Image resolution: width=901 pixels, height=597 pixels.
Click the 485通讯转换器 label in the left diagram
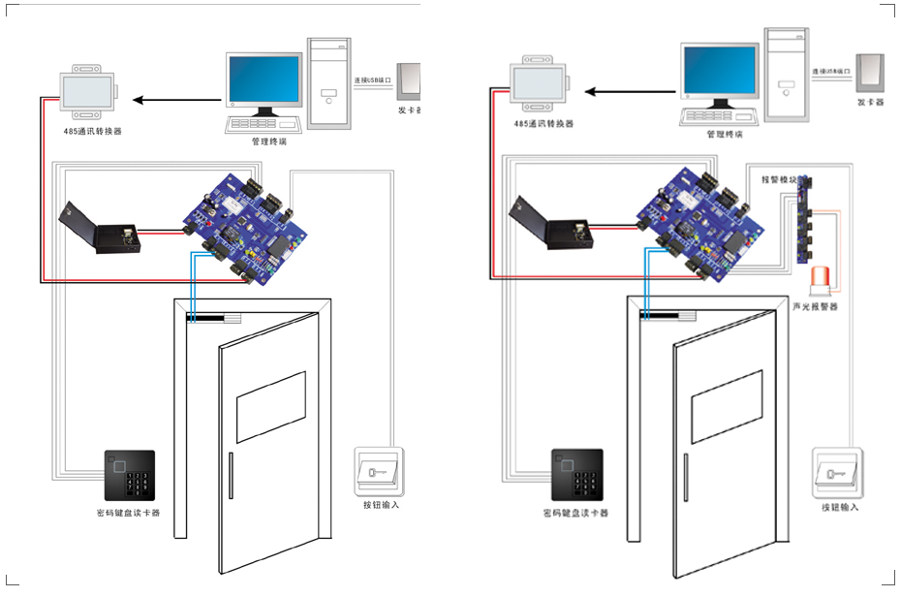(x=87, y=130)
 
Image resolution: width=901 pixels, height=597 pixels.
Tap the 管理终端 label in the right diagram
(x=724, y=135)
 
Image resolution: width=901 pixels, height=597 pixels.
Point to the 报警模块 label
(x=778, y=179)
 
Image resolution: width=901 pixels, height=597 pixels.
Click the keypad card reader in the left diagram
(x=129, y=475)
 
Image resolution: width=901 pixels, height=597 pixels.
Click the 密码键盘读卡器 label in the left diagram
(x=128, y=513)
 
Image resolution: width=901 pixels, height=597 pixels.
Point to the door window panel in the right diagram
(x=727, y=405)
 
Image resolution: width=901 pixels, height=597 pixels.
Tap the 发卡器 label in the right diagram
(x=871, y=102)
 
